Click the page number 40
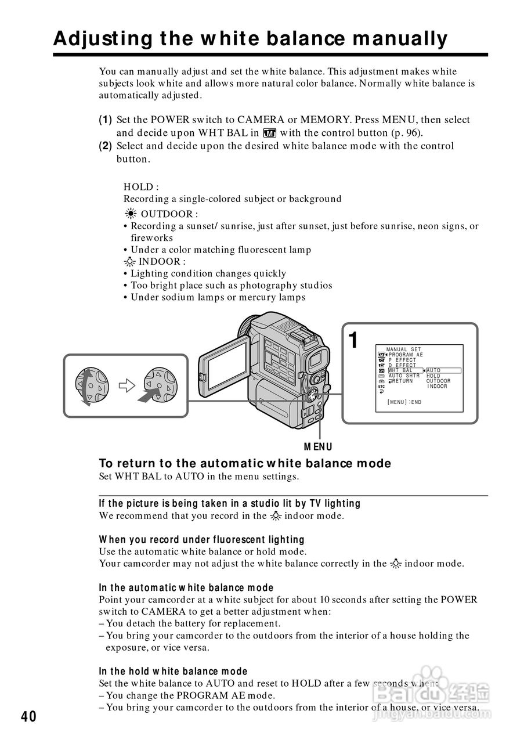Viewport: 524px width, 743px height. click(28, 717)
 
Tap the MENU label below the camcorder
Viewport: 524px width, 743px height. click(319, 446)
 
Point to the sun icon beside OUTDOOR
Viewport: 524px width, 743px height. click(132, 214)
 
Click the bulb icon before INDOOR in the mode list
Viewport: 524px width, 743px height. click(131, 262)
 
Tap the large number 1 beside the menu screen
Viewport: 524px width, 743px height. click(353, 341)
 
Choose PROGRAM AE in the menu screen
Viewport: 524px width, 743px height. click(406, 355)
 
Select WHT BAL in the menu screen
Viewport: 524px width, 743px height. click(400, 370)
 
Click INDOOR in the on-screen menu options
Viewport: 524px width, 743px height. click(437, 387)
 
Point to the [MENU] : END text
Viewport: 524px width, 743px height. click(404, 402)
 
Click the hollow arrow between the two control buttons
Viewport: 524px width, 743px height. click(127, 385)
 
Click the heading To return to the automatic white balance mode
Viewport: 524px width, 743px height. click(245, 463)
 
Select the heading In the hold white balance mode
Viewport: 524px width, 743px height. click(173, 672)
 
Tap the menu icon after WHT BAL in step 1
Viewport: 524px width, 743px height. click(270, 132)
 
